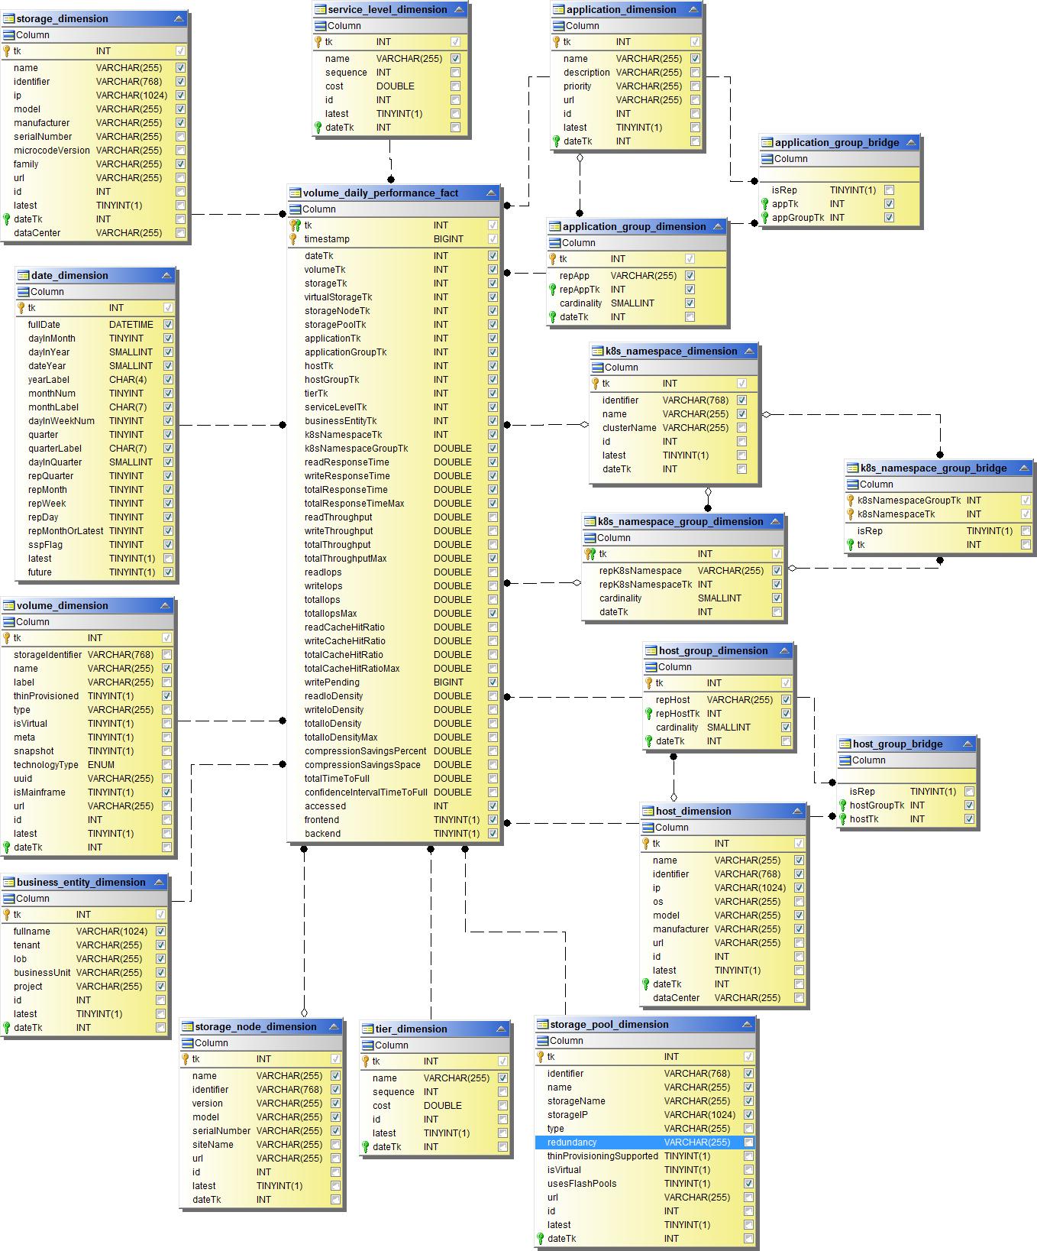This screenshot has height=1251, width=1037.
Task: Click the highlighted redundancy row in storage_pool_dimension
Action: tap(572, 1142)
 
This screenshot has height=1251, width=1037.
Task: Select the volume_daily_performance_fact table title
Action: tap(380, 193)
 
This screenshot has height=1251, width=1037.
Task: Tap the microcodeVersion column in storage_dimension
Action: tap(51, 151)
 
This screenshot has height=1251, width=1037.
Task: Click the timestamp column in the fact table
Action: tap(327, 239)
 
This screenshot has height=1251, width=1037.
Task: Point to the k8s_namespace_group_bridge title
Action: tap(933, 468)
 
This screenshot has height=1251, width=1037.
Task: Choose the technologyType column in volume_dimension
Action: tap(46, 765)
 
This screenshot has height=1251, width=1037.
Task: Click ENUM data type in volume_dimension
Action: tap(101, 765)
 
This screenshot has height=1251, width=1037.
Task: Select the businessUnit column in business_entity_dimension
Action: tap(42, 973)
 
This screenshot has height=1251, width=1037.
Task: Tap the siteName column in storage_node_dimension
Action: tap(213, 1145)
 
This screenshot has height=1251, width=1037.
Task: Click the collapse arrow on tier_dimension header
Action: tap(501, 1029)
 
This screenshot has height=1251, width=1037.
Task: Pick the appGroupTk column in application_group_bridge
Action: tap(798, 218)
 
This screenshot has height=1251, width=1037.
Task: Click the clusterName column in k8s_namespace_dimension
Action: tap(629, 428)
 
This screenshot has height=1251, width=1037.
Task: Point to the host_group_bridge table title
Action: tap(897, 744)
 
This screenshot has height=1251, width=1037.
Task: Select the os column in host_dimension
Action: tap(658, 902)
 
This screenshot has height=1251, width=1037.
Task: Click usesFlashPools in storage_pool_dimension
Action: tap(582, 1184)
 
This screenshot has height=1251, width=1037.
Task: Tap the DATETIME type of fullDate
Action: tap(131, 325)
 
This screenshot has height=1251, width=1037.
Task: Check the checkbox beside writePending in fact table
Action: tap(493, 682)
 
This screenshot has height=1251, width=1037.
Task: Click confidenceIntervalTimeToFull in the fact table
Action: tap(366, 792)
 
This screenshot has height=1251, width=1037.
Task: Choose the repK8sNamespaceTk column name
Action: tap(645, 585)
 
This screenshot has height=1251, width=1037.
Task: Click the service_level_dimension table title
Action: tap(387, 9)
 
